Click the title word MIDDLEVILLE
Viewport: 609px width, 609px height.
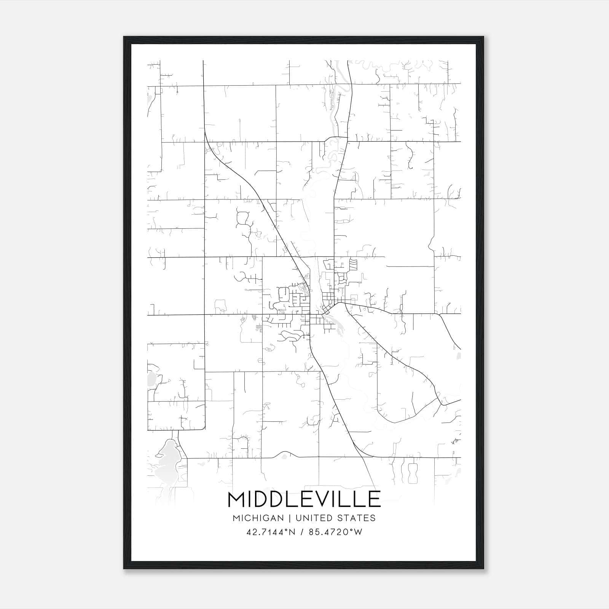(x=304, y=499)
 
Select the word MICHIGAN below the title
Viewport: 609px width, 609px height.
(x=258, y=518)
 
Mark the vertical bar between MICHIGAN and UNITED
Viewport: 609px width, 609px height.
(x=290, y=518)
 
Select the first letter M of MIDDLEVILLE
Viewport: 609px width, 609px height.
(x=236, y=499)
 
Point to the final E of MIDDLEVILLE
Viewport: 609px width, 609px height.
(x=375, y=499)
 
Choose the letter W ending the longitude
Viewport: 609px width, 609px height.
(x=358, y=532)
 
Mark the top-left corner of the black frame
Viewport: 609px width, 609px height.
(x=124, y=37)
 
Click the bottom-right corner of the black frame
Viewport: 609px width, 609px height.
(x=483, y=568)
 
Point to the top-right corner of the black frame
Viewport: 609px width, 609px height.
(x=483, y=37)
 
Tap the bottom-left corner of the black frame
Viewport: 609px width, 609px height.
(x=124, y=568)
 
